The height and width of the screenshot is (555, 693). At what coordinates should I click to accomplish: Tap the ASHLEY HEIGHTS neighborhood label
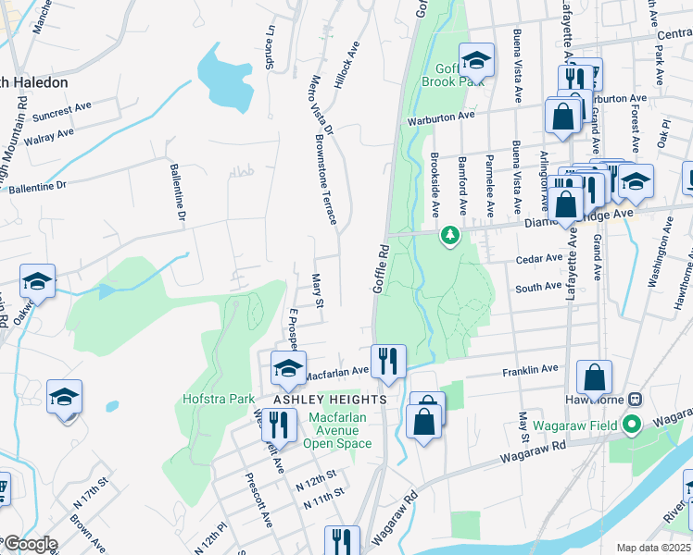pyautogui.click(x=330, y=399)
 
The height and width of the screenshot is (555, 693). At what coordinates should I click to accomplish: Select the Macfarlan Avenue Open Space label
pyautogui.click(x=337, y=430)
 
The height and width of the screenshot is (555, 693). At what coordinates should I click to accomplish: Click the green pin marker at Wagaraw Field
pyautogui.click(x=633, y=425)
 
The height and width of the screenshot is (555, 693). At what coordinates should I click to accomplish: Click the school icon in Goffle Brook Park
pyautogui.click(x=476, y=61)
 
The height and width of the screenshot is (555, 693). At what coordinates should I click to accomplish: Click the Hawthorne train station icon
pyautogui.click(x=635, y=400)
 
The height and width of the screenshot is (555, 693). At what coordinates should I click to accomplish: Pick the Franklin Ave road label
pyautogui.click(x=530, y=370)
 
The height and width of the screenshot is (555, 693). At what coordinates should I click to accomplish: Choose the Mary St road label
pyautogui.click(x=317, y=290)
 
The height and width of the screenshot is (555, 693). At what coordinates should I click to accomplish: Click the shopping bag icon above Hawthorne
pyautogui.click(x=594, y=377)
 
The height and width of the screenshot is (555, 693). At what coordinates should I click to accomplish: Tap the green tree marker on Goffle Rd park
pyautogui.click(x=450, y=236)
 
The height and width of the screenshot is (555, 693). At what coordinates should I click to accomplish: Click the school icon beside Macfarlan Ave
pyautogui.click(x=288, y=369)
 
